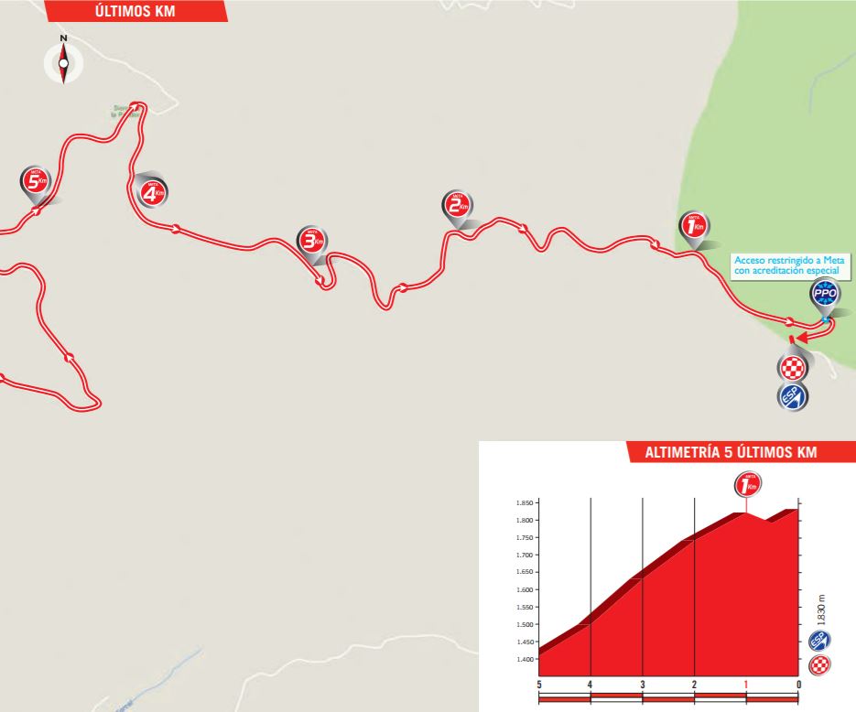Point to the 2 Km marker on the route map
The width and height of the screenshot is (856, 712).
pyautogui.click(x=456, y=206)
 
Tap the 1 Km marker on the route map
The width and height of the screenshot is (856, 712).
pyautogui.click(x=693, y=225)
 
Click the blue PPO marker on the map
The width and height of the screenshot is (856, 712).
pyautogui.click(x=825, y=295)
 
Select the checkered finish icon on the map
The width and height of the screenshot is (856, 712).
pyautogui.click(x=792, y=368)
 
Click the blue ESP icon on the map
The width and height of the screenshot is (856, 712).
pyautogui.click(x=792, y=396)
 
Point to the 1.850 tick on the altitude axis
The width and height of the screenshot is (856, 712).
pyautogui.click(x=525, y=503)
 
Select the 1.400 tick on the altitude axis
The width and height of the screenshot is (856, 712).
pyautogui.click(x=525, y=659)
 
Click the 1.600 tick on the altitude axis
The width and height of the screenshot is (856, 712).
pyautogui.click(x=525, y=589)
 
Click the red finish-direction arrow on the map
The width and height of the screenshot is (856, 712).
pyautogui.click(x=795, y=338)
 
